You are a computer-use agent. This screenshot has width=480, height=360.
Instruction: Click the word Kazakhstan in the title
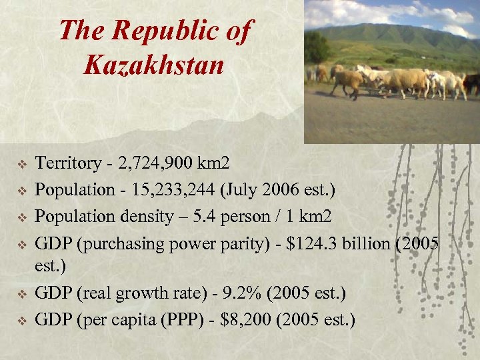coord(154,64)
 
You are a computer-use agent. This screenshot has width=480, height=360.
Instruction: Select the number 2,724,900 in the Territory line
coord(158,163)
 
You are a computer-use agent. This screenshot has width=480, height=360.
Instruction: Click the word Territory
coord(63,163)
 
